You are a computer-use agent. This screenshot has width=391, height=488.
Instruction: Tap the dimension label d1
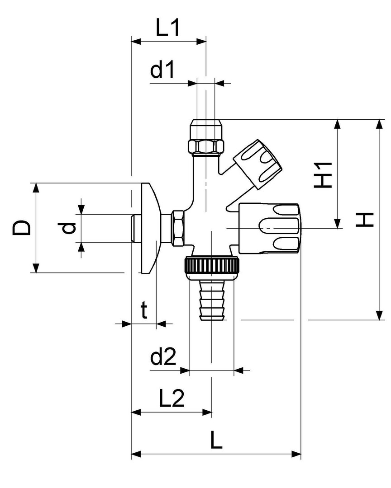162,71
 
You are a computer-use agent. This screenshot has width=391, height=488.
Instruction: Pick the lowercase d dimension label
68,228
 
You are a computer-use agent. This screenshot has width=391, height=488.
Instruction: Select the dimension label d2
163,357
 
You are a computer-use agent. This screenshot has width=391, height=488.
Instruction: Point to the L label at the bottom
217,440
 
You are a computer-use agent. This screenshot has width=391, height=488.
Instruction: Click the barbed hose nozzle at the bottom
212,300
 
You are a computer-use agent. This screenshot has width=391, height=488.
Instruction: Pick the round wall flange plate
148,228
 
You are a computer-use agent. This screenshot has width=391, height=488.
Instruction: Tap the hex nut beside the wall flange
178,228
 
